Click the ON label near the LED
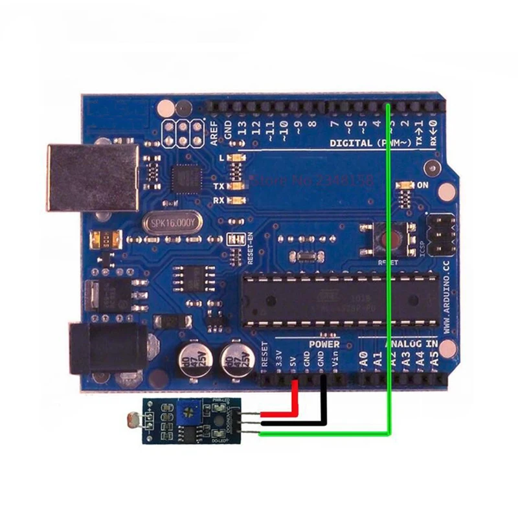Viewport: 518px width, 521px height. (423, 185)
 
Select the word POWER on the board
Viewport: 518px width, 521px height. (324, 344)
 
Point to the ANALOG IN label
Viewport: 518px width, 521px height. (412, 344)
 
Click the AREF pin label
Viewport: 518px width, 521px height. (215, 131)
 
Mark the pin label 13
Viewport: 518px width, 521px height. (243, 127)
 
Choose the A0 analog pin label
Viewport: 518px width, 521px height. (363, 358)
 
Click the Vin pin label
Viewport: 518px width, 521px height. (335, 359)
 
